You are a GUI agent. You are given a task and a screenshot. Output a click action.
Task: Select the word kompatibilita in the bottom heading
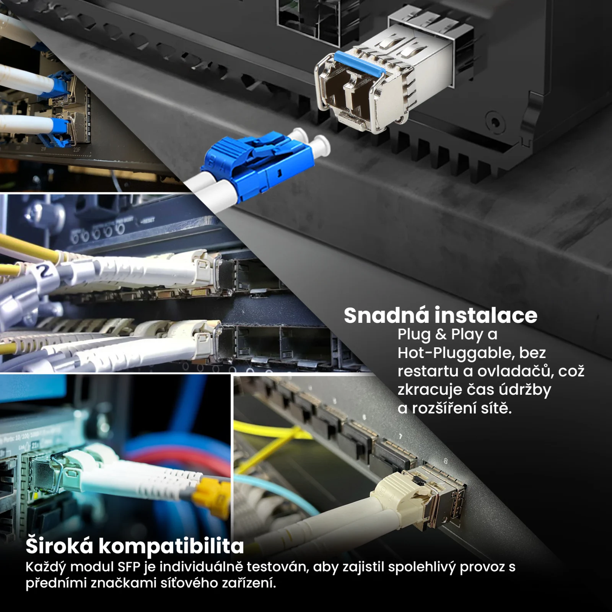point(171,546)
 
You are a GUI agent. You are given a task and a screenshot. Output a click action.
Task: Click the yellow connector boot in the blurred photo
point(211,496)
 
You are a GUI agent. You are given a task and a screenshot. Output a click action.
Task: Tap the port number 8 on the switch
point(445,461)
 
